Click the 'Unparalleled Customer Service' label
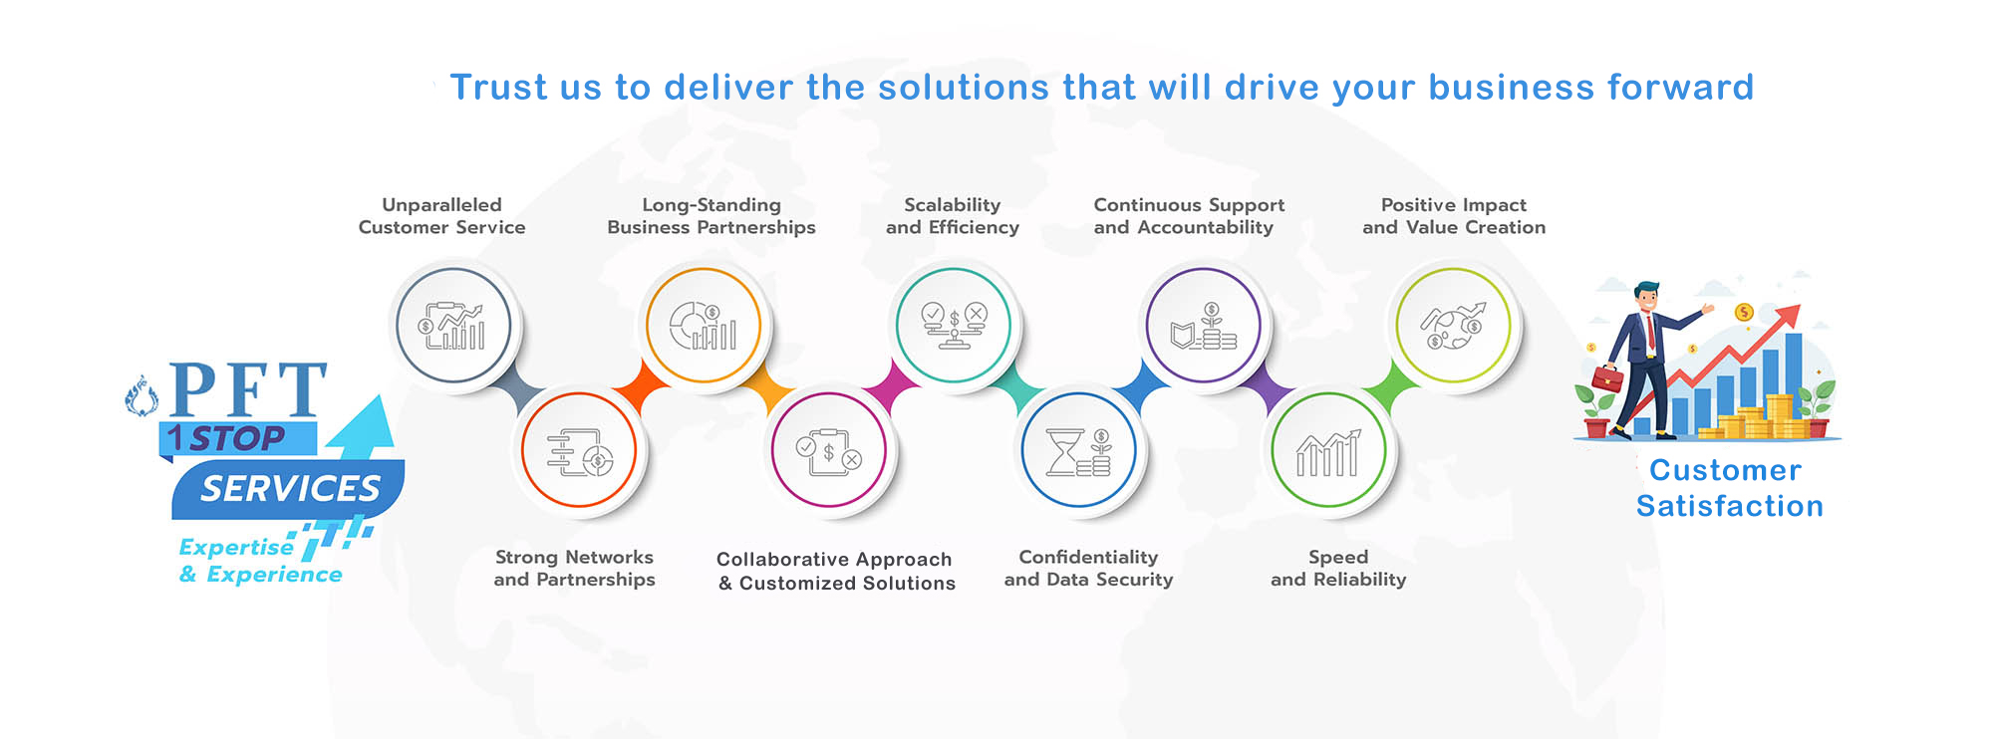[441, 216]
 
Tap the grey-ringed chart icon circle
[453, 326]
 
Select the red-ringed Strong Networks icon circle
[579, 450]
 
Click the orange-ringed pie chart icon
[704, 326]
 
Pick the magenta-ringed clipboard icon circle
[829, 450]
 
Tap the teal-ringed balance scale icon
[954, 326]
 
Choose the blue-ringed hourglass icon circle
[1079, 450]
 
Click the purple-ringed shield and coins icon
[1204, 326]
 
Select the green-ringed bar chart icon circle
[1329, 450]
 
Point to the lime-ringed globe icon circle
[1454, 326]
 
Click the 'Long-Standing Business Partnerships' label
[712, 216]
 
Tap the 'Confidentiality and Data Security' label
[1088, 568]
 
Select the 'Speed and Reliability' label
[1338, 568]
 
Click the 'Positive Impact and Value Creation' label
[1454, 216]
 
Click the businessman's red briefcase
[1606, 378]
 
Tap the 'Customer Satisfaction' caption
[1729, 488]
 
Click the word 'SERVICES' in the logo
[290, 489]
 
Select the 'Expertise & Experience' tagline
[260, 561]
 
